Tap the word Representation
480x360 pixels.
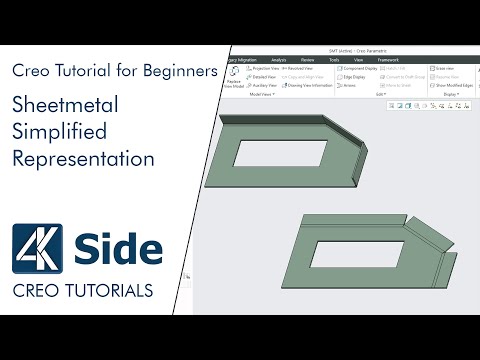pos(83,159)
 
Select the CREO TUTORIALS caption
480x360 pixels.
pos(83,291)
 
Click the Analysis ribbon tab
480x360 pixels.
pos(278,59)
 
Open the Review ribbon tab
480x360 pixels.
pos(306,59)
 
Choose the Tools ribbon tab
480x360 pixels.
pos(334,59)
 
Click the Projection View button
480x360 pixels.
pos(266,68)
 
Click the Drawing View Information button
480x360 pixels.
pos(309,85)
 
